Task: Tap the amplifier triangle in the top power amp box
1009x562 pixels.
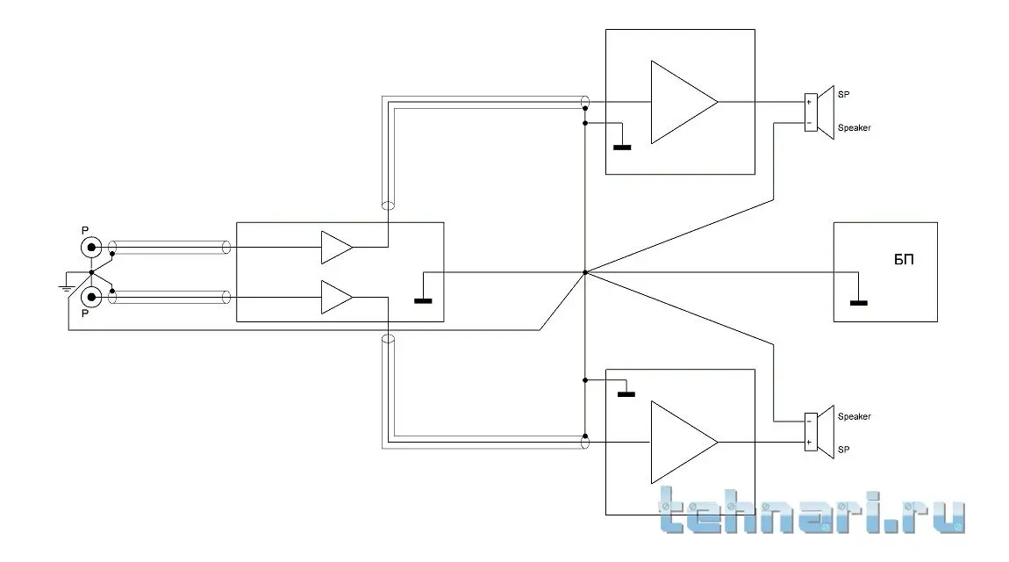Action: pos(680,102)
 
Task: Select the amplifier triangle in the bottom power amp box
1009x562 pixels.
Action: pos(680,442)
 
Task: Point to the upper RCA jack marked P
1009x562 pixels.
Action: pos(91,248)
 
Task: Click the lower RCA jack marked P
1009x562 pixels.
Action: pos(91,298)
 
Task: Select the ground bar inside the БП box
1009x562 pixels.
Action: pos(858,303)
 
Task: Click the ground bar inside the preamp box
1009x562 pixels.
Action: pos(423,301)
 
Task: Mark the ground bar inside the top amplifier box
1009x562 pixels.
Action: pos(622,147)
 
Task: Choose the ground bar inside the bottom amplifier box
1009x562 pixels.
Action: pos(626,394)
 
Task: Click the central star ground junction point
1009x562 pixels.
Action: pos(584,272)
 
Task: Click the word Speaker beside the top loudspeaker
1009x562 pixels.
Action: pos(854,128)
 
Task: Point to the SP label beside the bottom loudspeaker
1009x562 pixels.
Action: pos(843,449)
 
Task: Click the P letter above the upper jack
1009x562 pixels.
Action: pos(84,230)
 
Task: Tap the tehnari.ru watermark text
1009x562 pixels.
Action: pos(812,513)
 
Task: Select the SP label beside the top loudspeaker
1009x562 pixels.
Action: pos(843,95)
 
